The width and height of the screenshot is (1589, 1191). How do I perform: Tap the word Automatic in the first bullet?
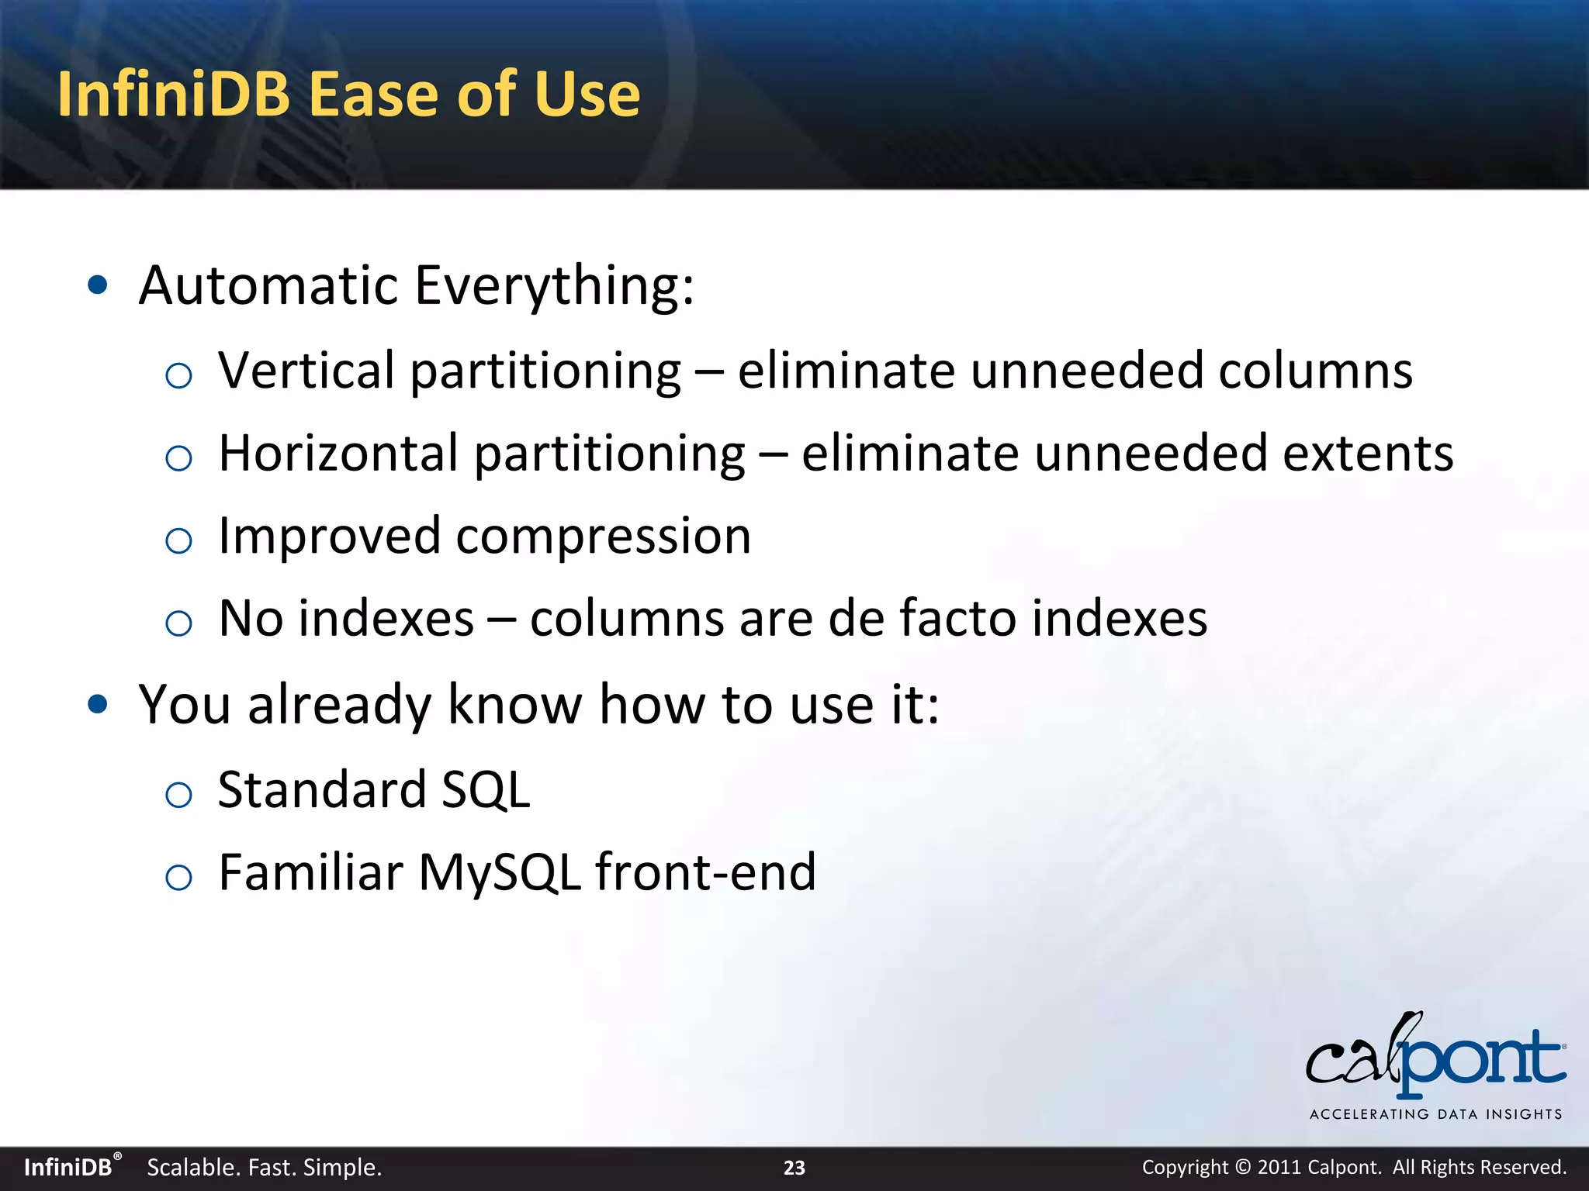(x=268, y=285)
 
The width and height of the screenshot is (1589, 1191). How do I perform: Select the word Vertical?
(x=306, y=370)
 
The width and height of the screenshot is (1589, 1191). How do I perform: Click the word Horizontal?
(x=339, y=453)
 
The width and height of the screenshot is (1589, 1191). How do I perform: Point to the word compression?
(x=603, y=537)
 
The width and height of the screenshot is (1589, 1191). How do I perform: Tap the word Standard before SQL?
(x=321, y=789)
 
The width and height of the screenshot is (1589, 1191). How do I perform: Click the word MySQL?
(x=500, y=873)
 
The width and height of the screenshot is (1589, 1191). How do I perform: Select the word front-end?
(x=705, y=872)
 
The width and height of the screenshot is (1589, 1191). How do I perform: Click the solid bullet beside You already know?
(x=98, y=704)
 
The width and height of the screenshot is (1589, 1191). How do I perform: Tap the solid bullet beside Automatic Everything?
(x=98, y=285)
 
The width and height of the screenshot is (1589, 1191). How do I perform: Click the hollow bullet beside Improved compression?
(x=179, y=540)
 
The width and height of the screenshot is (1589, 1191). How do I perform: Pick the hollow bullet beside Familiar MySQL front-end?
(x=179, y=877)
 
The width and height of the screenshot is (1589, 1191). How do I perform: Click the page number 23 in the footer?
(x=794, y=1168)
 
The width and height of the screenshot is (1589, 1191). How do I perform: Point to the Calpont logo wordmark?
(x=1435, y=1059)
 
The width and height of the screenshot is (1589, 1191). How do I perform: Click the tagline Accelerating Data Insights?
(x=1435, y=1114)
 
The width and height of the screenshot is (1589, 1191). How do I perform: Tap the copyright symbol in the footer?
(x=1243, y=1168)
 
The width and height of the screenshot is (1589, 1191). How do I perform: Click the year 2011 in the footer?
(x=1279, y=1168)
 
